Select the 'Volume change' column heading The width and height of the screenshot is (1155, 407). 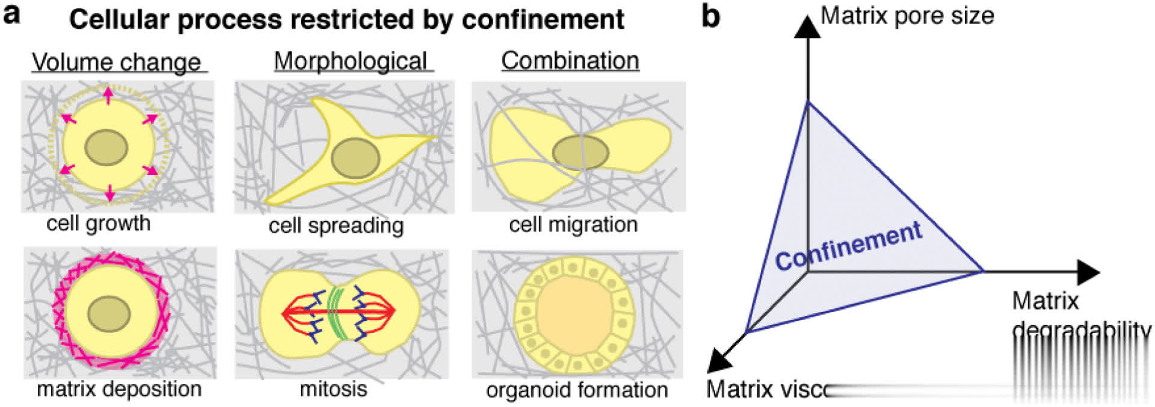(x=116, y=62)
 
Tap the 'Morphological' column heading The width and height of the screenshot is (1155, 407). (x=351, y=61)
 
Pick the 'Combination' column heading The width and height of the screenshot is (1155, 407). (x=570, y=60)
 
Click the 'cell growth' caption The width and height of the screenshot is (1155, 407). (x=98, y=224)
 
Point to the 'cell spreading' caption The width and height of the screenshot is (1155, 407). (x=336, y=226)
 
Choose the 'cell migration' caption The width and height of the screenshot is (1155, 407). (x=573, y=224)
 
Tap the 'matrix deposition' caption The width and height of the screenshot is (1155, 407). (x=119, y=389)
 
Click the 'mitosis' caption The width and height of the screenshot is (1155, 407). (x=333, y=389)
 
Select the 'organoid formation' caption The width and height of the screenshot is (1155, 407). (x=576, y=390)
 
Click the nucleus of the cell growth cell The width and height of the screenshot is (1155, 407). (x=106, y=148)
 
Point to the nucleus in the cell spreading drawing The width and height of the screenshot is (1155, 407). (x=355, y=158)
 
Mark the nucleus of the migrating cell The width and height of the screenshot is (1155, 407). (x=580, y=152)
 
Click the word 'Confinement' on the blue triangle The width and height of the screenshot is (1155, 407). (x=848, y=245)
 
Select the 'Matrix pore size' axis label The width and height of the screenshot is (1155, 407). (x=907, y=16)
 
